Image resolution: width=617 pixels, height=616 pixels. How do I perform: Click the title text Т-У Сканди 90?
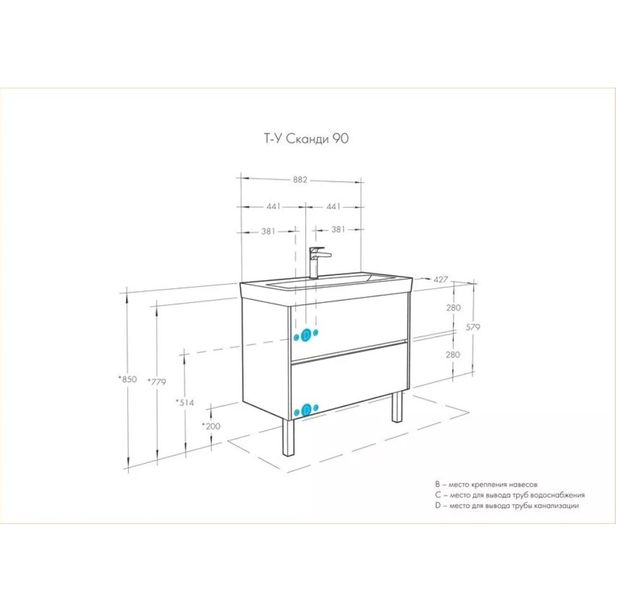click(306, 138)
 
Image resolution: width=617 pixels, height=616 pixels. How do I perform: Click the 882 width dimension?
click(300, 180)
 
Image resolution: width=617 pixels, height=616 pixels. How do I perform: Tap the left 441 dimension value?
click(273, 206)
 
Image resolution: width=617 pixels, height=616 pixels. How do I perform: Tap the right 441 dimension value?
click(333, 206)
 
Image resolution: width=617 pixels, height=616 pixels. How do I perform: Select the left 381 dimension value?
click(268, 231)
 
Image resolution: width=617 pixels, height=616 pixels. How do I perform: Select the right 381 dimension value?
click(338, 229)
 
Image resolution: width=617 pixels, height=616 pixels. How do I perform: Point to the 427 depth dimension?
click(441, 280)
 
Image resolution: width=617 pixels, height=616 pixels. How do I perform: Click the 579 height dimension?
click(473, 327)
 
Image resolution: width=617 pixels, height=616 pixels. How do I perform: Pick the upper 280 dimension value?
click(453, 307)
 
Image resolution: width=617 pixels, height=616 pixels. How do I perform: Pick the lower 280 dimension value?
click(453, 355)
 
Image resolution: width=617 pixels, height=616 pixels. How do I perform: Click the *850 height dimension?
click(128, 379)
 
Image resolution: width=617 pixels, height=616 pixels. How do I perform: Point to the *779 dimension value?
click(157, 381)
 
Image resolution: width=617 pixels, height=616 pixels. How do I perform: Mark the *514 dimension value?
click(185, 402)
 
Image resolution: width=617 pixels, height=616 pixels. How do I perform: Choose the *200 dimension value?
click(211, 426)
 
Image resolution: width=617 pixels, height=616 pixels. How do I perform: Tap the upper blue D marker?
click(306, 335)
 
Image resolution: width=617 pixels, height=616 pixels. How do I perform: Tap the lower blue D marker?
click(306, 410)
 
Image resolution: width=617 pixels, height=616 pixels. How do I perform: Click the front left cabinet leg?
click(288, 438)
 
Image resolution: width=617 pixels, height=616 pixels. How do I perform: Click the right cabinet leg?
click(397, 407)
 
